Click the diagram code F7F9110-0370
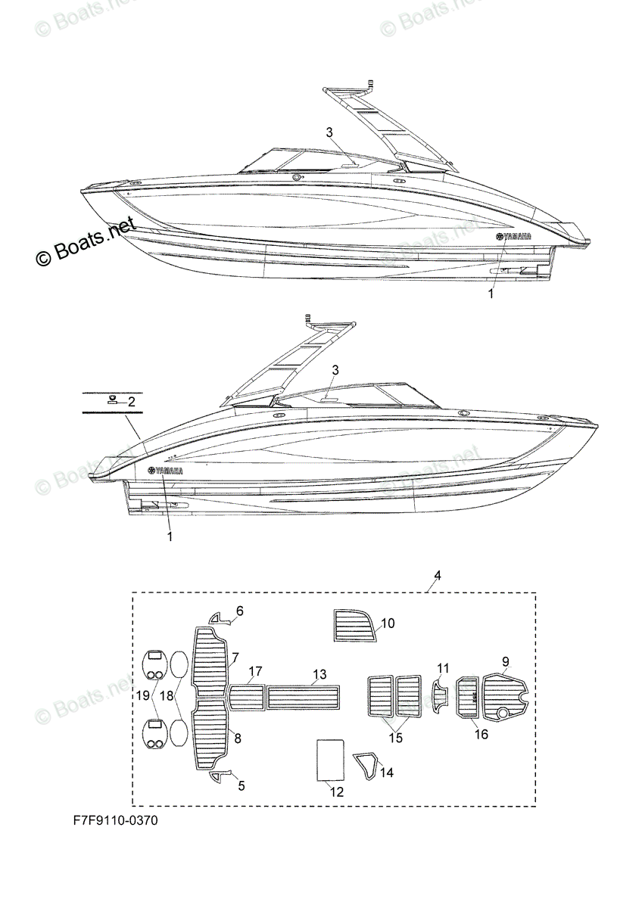click(x=116, y=819)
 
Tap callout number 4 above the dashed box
click(x=437, y=577)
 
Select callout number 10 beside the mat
click(x=387, y=623)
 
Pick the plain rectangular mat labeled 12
click(x=329, y=760)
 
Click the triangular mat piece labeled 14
click(x=367, y=765)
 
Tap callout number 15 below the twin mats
click(x=394, y=737)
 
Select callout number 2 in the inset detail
click(x=131, y=402)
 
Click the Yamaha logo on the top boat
click(x=513, y=237)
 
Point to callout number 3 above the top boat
click(x=329, y=132)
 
